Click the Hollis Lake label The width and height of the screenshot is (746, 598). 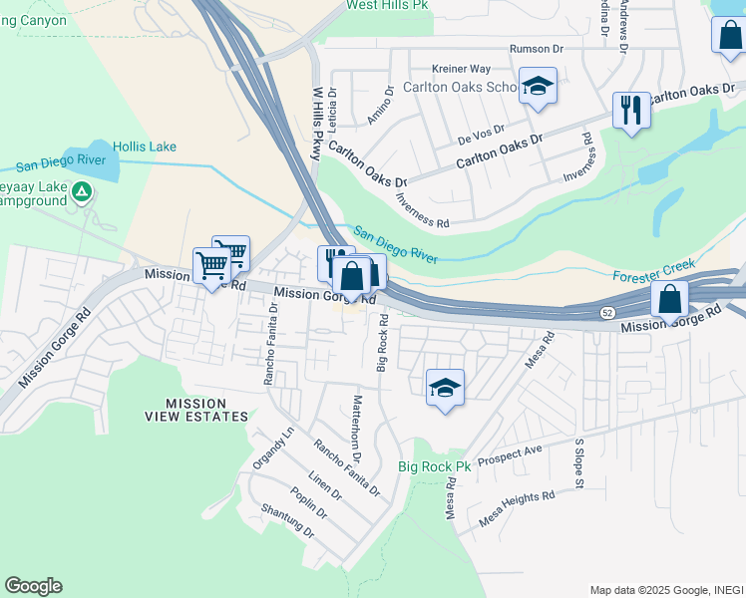145,147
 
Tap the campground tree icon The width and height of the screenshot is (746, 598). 82,191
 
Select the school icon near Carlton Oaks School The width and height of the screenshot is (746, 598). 538,87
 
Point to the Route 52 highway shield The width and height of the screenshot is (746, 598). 608,313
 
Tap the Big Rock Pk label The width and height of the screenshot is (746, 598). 434,466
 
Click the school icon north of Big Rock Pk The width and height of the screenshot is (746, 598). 445,388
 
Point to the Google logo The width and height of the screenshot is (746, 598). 33,586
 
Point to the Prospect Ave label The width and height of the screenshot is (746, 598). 510,455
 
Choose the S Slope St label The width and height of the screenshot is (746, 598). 578,462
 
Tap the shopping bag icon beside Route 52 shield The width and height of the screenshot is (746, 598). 670,298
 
